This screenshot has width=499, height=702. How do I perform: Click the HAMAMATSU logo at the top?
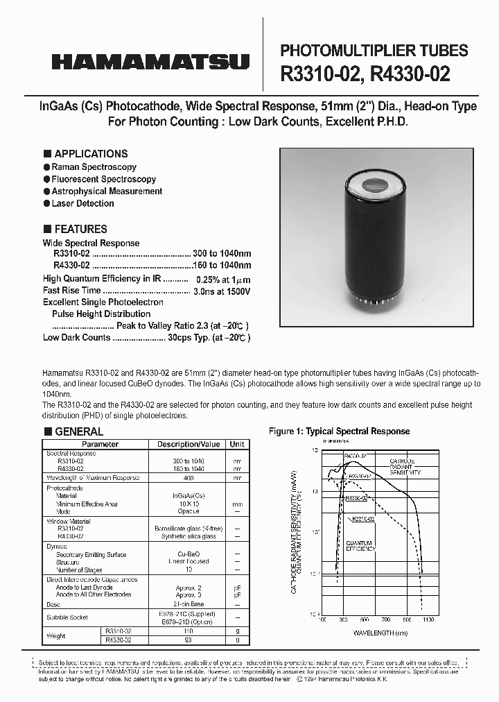(x=150, y=62)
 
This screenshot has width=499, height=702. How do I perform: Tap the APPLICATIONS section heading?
(x=91, y=154)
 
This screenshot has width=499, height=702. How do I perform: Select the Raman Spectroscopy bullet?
(x=94, y=167)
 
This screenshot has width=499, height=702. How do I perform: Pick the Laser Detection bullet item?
(x=82, y=203)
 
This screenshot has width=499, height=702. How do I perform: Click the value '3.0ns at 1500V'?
(x=222, y=291)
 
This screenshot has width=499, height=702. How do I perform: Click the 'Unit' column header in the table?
(x=238, y=444)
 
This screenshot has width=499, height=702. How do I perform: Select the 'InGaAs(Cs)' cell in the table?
(x=189, y=496)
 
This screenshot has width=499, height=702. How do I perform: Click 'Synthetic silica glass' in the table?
(x=189, y=536)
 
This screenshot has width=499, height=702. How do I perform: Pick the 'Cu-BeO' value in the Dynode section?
(x=189, y=554)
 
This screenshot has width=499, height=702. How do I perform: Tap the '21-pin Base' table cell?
(x=189, y=604)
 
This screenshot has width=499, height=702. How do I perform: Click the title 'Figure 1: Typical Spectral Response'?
(x=339, y=431)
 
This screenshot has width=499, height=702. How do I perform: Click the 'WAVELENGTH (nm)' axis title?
(x=380, y=633)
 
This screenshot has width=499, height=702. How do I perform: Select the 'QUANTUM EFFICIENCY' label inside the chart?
(x=360, y=546)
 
